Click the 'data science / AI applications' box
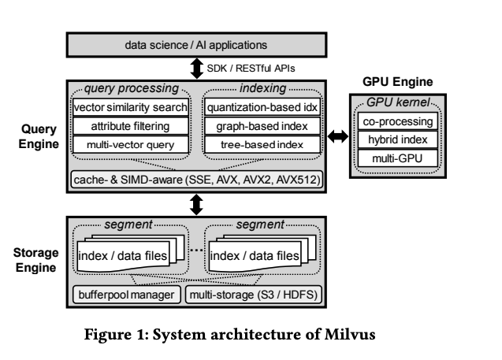[196, 46]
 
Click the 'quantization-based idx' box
[261, 107]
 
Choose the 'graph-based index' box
[261, 125]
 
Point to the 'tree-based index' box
[261, 143]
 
